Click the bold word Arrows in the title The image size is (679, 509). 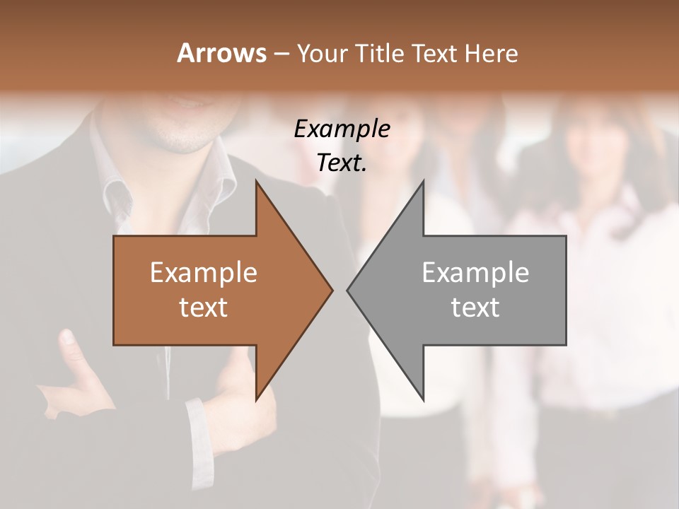(x=221, y=53)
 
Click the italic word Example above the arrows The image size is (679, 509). (x=342, y=129)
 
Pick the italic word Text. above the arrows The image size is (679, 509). (x=342, y=163)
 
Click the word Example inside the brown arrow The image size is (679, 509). (x=204, y=272)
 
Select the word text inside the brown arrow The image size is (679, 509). (x=204, y=308)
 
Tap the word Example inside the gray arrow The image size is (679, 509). (x=475, y=272)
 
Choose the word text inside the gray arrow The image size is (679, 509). (x=475, y=308)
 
